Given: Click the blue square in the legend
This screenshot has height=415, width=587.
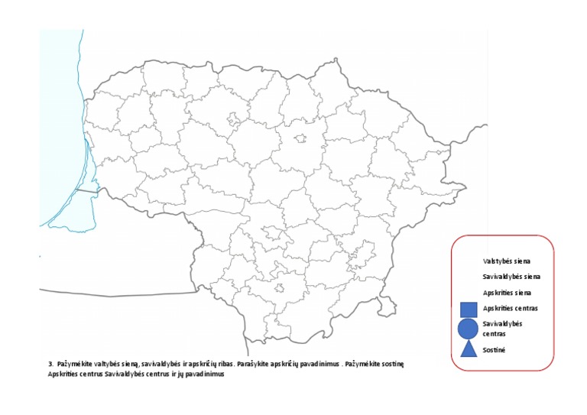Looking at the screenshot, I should (x=469, y=310).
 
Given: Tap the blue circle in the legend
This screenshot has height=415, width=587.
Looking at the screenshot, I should (x=469, y=329).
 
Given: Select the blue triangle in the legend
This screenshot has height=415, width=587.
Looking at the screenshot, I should (x=469, y=349).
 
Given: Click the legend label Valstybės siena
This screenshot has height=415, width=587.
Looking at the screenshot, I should (x=507, y=261).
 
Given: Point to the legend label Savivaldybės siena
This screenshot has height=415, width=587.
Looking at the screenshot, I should (x=512, y=277).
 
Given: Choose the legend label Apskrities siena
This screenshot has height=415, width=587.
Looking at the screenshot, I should (x=507, y=293).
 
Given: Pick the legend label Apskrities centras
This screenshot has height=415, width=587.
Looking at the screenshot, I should (x=511, y=308).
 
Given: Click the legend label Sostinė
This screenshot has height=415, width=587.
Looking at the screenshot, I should (x=495, y=350).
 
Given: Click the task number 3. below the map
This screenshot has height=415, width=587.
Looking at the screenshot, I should (x=50, y=365).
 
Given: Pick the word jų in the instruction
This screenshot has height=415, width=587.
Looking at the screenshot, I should (x=180, y=374).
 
